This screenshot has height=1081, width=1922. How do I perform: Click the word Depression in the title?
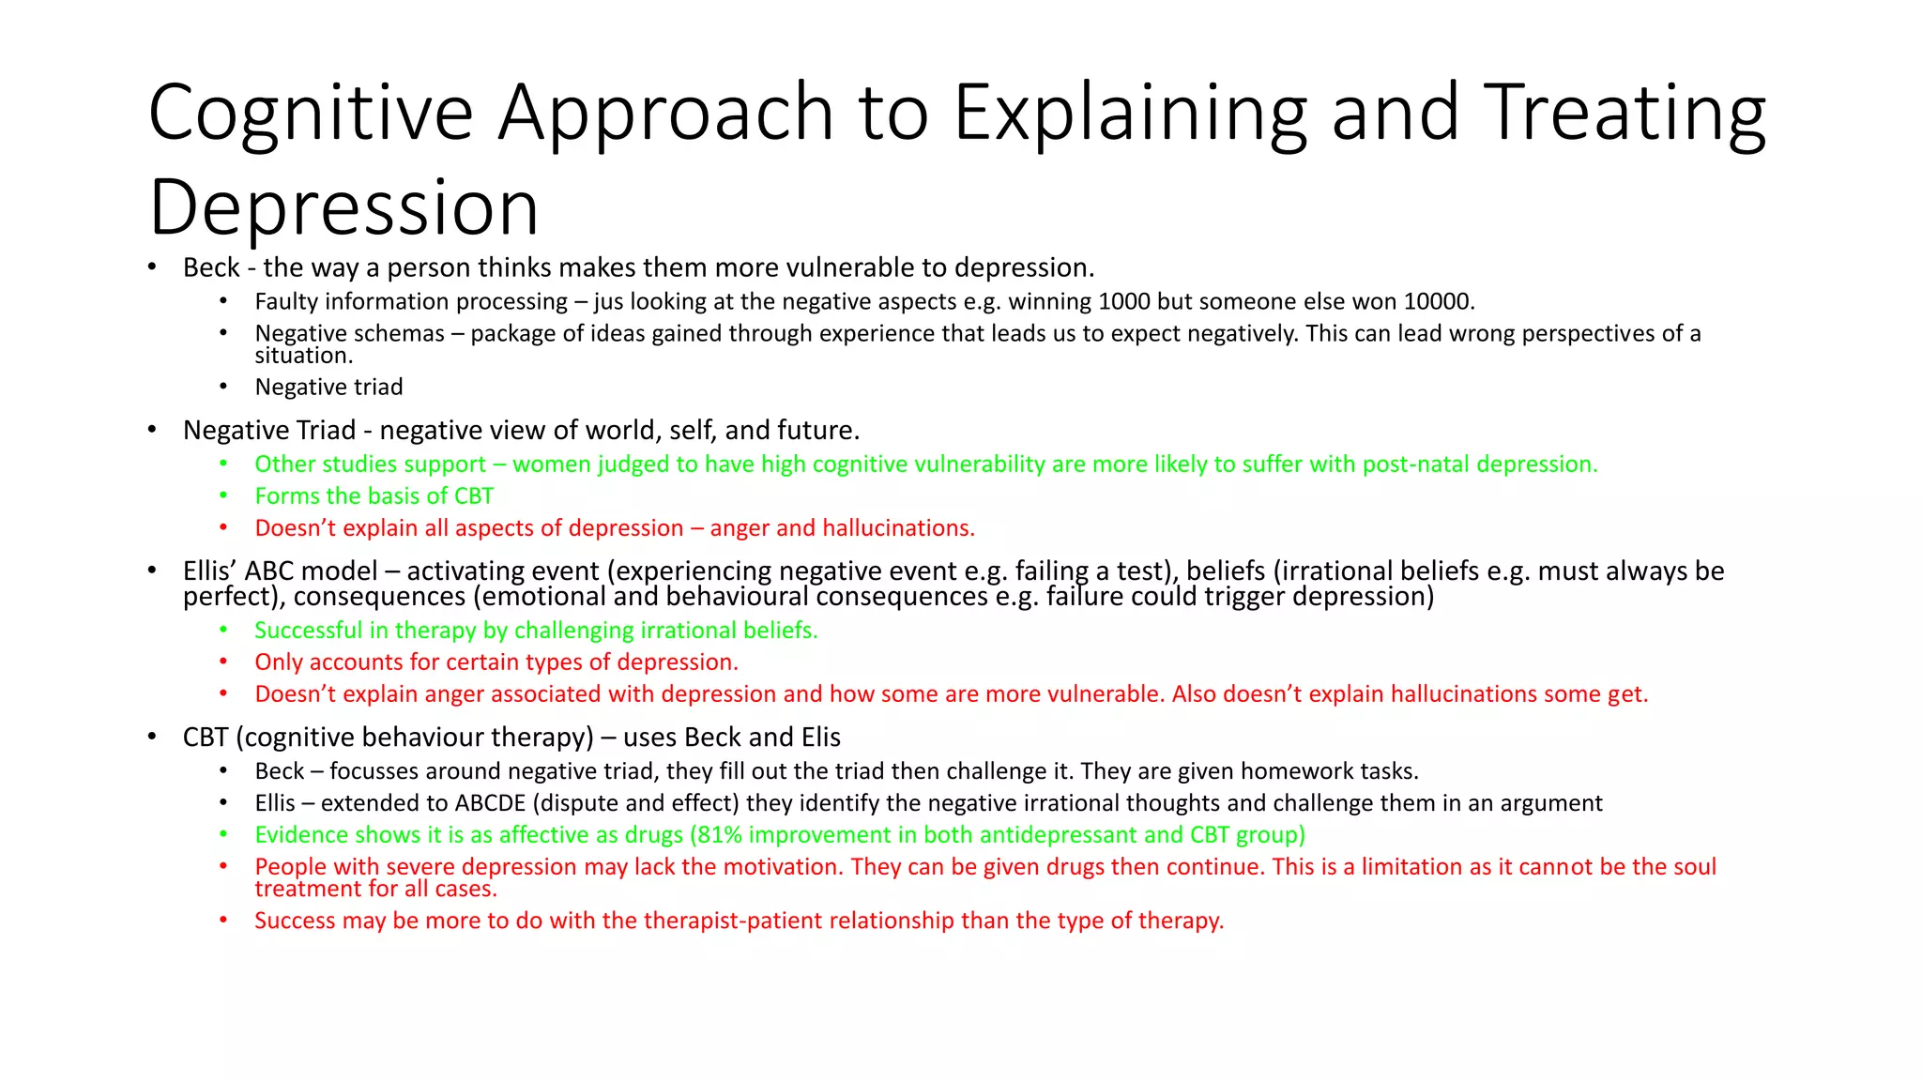pos(343,208)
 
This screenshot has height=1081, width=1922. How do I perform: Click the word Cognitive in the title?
pos(310,113)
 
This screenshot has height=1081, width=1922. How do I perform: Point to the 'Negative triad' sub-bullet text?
pos(328,387)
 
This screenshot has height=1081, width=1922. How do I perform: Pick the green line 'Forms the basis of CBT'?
pos(374,495)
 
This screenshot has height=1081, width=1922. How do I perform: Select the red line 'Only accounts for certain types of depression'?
pos(496,662)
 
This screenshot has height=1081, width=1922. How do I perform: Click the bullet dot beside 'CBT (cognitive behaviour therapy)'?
pos(152,737)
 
